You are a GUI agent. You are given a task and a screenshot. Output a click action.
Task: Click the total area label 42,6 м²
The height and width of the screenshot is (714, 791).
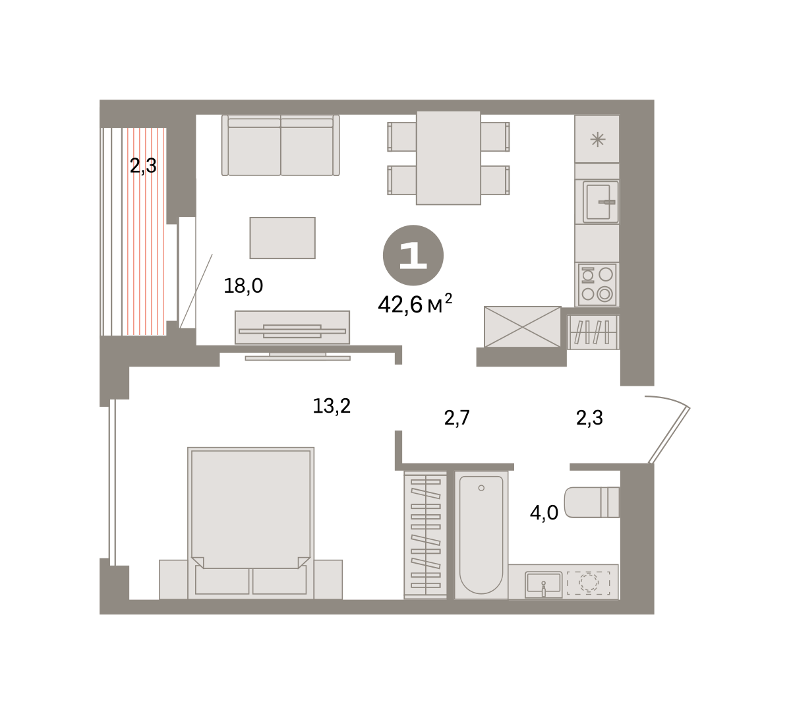415,304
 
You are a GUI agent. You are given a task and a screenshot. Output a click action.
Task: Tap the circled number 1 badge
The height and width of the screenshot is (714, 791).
413,255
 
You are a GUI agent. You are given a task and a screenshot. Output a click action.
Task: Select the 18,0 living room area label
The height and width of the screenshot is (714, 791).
243,286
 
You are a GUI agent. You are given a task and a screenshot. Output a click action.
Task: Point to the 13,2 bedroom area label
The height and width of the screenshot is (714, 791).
332,406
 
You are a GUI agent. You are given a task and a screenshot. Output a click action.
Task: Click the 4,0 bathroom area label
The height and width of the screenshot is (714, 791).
544,513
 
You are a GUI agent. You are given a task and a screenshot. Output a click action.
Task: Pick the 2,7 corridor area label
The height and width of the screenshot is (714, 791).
457,418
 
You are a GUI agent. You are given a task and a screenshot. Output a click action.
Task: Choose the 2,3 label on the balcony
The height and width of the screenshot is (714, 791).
143,165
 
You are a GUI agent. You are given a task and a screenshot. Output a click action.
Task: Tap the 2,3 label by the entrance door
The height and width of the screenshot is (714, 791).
589,418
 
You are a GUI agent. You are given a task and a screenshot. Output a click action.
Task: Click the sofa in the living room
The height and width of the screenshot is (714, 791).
280,145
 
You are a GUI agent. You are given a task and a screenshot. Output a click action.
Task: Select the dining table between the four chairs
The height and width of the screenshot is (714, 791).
448,158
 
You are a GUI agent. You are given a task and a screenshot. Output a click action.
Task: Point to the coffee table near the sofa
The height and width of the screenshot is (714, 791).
282,238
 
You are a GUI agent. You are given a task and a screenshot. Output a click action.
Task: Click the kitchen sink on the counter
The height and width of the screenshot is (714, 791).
597,202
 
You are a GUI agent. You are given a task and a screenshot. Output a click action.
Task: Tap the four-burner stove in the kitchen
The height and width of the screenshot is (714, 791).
597,284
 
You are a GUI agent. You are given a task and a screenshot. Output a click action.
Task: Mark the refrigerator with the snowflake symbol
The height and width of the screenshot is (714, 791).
597,139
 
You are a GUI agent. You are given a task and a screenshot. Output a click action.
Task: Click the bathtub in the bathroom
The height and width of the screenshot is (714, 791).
481,535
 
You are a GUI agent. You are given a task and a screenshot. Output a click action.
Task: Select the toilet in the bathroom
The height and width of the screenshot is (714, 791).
591,502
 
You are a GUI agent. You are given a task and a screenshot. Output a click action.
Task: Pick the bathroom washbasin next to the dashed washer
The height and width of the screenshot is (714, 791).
543,585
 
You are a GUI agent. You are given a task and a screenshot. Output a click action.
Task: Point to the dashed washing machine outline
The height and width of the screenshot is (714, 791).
589,583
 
